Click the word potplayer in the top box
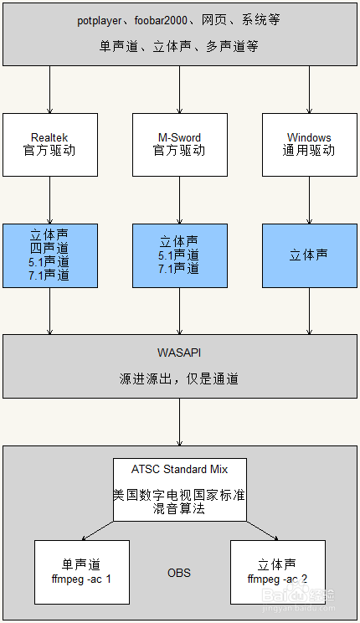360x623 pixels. click(100, 21)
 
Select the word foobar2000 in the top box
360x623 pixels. click(161, 20)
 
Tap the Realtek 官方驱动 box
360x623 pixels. click(50, 145)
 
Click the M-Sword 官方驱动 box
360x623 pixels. click(180, 145)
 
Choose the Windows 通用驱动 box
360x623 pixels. click(310, 145)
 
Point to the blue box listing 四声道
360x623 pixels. click(50, 256)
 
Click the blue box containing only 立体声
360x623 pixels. click(310, 256)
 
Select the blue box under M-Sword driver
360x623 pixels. click(180, 256)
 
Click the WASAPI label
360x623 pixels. click(179, 353)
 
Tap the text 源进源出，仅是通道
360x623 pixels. click(179, 378)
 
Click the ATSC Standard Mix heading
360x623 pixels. click(180, 469)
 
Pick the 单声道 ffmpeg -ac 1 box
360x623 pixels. click(82, 572)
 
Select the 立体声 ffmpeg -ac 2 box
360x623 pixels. click(278, 572)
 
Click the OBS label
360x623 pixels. click(179, 573)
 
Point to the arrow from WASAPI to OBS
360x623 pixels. click(180, 422)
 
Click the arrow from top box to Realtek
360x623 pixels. click(50, 90)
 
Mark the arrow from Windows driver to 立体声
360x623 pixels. click(310, 200)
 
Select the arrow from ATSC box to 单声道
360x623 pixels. click(97, 531)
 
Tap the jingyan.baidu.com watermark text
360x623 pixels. click(299, 608)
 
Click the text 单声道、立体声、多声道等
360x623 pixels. click(179, 47)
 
